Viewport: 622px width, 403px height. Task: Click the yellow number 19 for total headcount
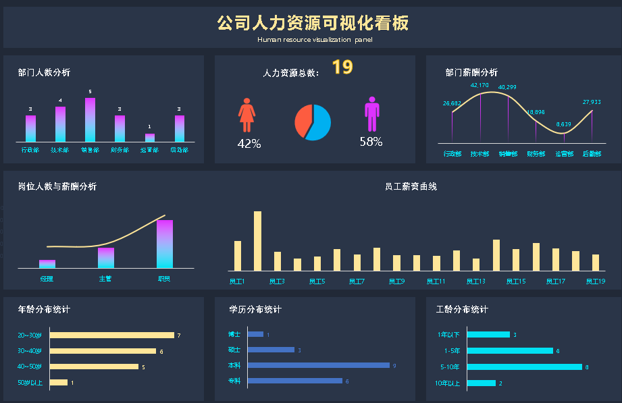(x=342, y=68)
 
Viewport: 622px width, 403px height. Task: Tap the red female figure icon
(x=247, y=115)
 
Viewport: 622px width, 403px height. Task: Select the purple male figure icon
(x=371, y=114)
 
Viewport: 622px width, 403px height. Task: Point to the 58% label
(x=371, y=142)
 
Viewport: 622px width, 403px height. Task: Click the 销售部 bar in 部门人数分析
(x=90, y=119)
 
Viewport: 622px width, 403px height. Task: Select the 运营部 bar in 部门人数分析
(x=150, y=137)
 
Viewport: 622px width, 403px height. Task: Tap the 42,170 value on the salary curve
(x=480, y=86)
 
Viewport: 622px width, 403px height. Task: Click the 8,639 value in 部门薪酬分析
(x=563, y=124)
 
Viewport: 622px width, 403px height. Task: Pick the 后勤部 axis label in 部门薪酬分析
(x=591, y=154)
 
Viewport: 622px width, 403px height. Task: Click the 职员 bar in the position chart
(x=165, y=244)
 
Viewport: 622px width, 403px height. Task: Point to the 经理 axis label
(x=47, y=278)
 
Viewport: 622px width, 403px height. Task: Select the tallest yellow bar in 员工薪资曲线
(x=257, y=240)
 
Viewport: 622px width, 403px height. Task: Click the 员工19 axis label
(x=596, y=281)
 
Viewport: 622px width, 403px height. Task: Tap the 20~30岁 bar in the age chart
(x=111, y=335)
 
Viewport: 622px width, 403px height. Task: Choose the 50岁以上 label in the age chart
(x=30, y=383)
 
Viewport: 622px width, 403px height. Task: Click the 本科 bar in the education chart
(x=319, y=365)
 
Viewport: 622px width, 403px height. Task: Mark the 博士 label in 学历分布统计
(x=234, y=334)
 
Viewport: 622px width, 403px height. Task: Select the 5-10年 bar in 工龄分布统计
(x=524, y=367)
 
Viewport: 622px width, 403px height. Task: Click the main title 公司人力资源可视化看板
(x=313, y=24)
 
